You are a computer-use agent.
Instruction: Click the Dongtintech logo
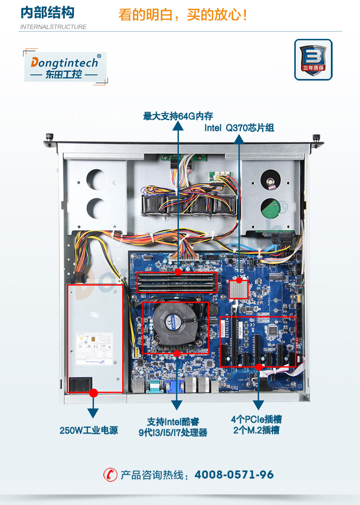click(x=65, y=67)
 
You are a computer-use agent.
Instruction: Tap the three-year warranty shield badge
click(x=313, y=59)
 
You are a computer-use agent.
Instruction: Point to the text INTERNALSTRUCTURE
click(x=53, y=27)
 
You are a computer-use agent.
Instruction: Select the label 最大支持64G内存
click(x=178, y=116)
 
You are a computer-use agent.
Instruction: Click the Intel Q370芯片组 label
click(x=239, y=128)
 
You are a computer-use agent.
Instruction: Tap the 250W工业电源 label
click(x=88, y=430)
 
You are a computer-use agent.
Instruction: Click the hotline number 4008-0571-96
click(x=234, y=475)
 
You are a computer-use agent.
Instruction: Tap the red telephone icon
click(x=110, y=475)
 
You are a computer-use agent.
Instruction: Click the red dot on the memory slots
click(x=178, y=272)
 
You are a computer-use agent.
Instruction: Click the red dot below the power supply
click(x=94, y=392)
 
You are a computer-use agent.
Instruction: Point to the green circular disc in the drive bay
click(x=270, y=209)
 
